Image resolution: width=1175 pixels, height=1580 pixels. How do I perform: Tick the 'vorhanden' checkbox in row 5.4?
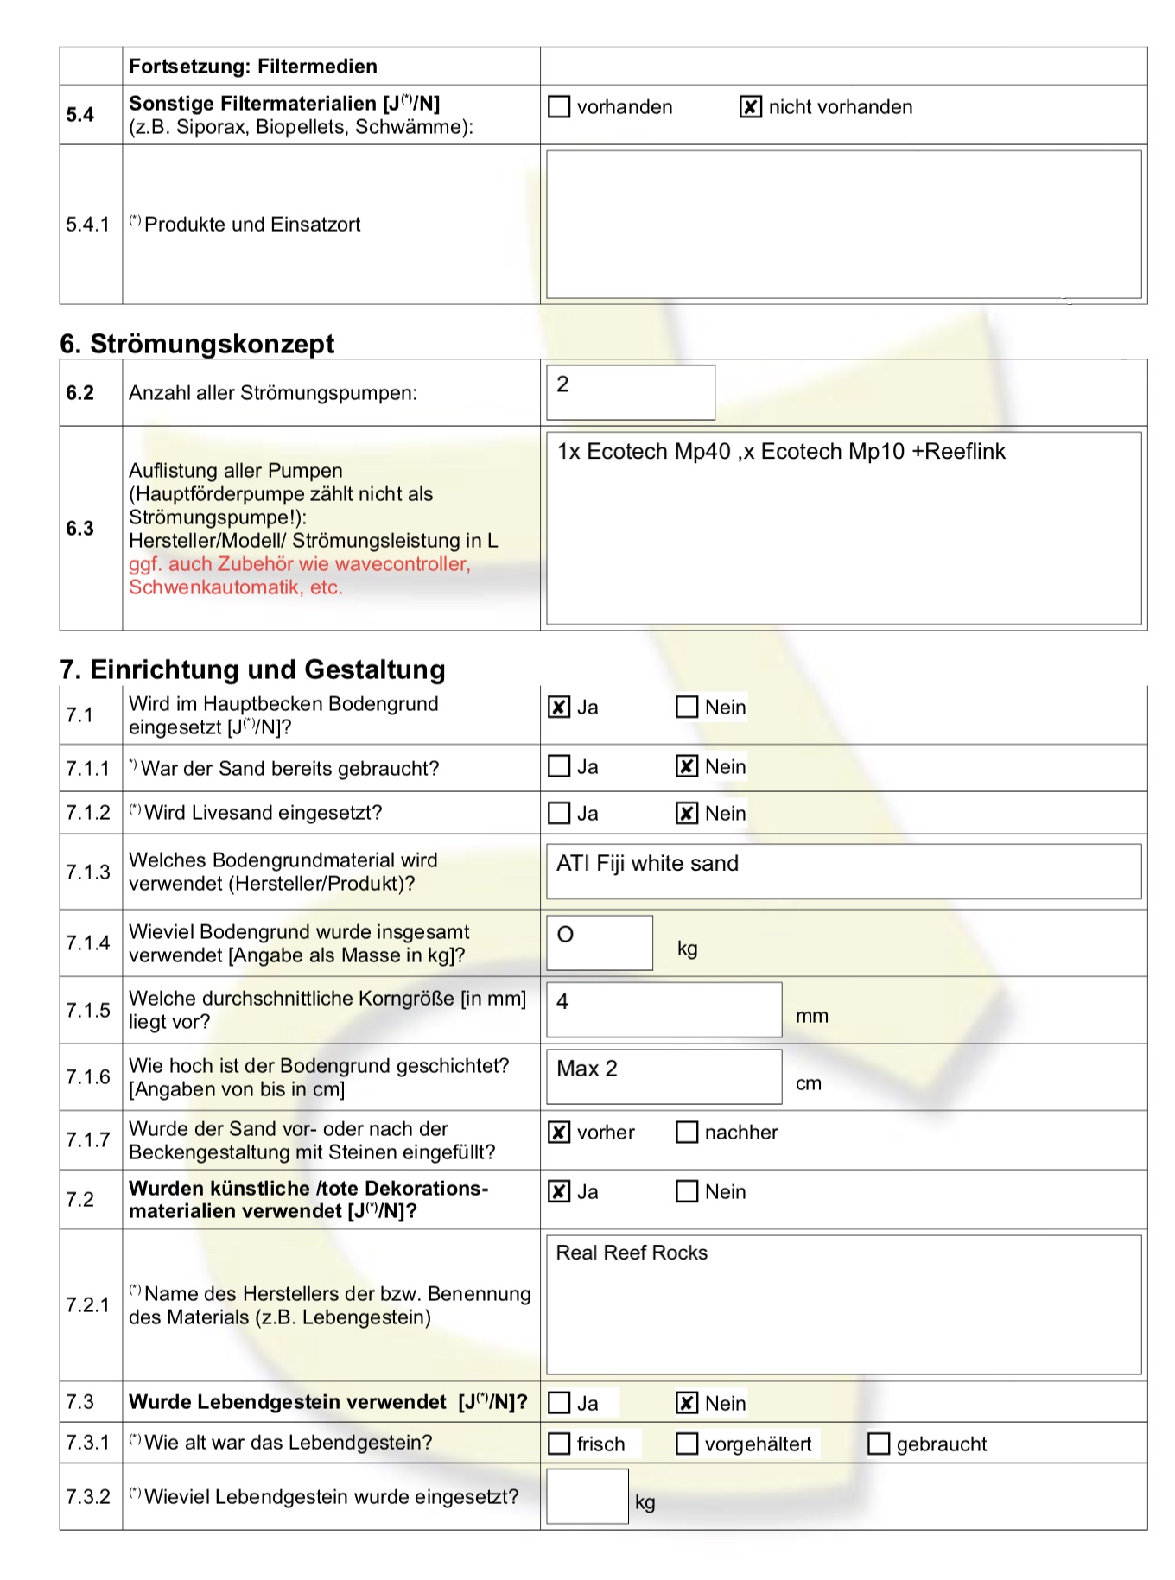(559, 107)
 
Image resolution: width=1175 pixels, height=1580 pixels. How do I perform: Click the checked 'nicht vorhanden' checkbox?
(750, 107)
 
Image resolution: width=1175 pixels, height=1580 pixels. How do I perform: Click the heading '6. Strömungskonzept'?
(197, 344)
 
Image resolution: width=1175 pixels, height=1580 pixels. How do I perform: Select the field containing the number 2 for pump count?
(630, 392)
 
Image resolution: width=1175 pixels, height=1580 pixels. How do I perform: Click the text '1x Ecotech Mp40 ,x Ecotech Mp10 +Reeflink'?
(781, 452)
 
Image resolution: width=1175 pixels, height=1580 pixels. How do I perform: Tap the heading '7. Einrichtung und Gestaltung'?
(252, 669)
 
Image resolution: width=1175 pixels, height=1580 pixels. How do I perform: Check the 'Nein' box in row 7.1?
(687, 708)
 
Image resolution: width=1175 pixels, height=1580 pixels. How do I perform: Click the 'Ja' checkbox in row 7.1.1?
(559, 767)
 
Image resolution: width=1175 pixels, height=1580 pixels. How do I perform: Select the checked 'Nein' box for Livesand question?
(687, 814)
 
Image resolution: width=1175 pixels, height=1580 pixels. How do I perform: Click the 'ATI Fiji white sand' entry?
(648, 864)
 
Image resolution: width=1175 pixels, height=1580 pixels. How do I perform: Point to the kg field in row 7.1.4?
(599, 942)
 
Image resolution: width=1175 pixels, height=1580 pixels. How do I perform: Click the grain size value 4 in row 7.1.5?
(563, 1002)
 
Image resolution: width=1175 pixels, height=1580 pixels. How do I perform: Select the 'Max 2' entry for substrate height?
(587, 1069)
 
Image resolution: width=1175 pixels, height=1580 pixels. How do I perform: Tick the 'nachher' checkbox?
(687, 1133)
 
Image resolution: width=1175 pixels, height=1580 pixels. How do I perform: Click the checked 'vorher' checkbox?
(559, 1133)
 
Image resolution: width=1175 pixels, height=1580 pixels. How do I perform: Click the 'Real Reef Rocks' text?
(632, 1253)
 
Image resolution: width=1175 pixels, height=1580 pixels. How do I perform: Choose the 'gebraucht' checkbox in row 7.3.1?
(878, 1444)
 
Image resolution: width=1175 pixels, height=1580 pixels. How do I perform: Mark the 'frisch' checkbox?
(559, 1444)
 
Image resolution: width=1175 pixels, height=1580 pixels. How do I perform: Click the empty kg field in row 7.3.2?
(587, 1497)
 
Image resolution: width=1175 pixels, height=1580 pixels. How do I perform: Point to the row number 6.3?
(80, 529)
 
